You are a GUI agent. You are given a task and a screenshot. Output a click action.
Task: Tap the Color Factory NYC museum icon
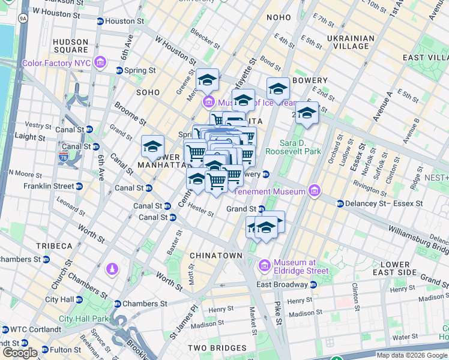pyautogui.click(x=100, y=62)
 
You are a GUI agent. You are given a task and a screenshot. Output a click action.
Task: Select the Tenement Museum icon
pyautogui.click(x=313, y=191)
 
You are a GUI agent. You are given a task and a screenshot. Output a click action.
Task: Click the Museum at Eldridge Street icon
pyautogui.click(x=265, y=265)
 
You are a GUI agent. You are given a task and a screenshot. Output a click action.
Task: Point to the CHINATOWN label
pyautogui.click(x=215, y=256)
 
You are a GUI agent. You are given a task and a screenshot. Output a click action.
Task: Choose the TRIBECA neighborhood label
pyautogui.click(x=54, y=246)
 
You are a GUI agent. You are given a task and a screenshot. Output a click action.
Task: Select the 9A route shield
pyautogui.click(x=23, y=19)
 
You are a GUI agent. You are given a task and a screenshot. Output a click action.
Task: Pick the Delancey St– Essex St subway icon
pyautogui.click(x=340, y=203)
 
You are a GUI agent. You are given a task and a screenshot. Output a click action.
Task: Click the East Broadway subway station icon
pyautogui.click(x=313, y=284)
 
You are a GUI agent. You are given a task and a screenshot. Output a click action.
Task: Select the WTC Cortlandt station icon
pyautogui.click(x=5, y=329)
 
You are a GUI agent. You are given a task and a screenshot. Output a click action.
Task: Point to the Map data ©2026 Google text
pyautogui.click(x=411, y=355)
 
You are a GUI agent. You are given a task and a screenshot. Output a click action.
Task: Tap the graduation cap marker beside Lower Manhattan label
pyautogui.click(x=152, y=146)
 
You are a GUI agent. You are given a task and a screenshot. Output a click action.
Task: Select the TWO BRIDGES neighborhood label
pyautogui.click(x=217, y=348)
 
